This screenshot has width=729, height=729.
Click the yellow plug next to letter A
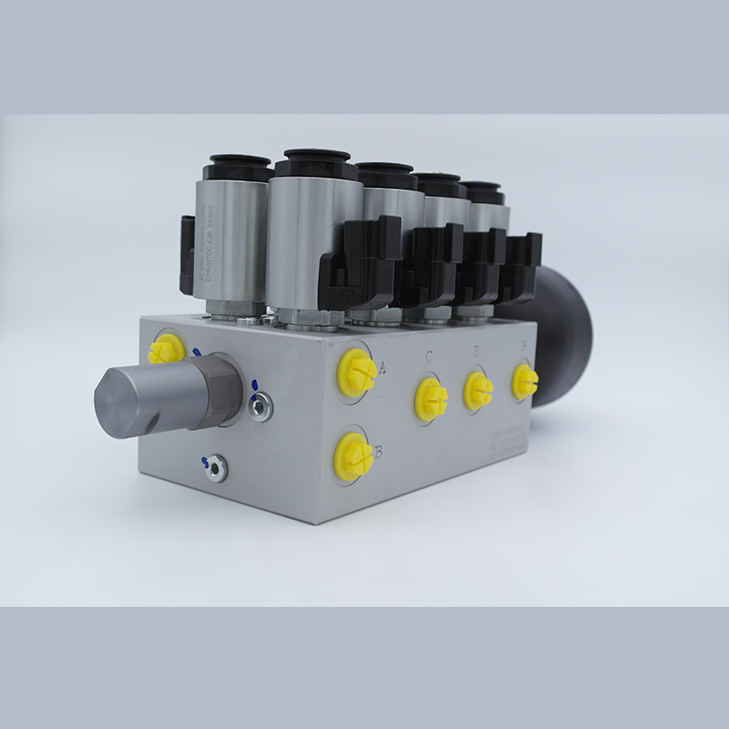point(356,371)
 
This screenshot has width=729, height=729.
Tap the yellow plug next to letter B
point(353,455)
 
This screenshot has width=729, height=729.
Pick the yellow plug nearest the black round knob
point(524,382)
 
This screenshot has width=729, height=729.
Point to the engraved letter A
point(383,368)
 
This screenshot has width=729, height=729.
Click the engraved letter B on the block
point(377,450)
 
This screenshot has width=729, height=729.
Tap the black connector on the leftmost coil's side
point(187,256)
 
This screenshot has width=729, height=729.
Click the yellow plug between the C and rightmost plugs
point(477,390)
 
